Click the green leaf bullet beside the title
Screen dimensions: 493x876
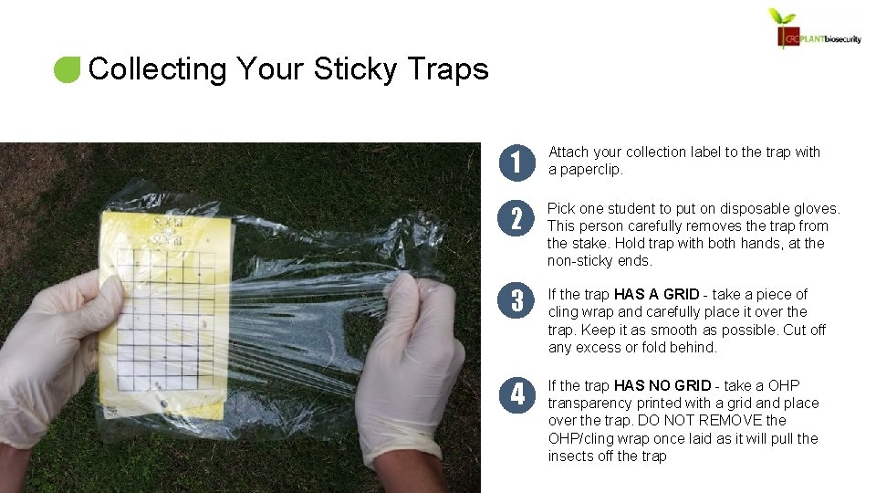tap(68, 69)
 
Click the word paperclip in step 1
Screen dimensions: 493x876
tap(593, 170)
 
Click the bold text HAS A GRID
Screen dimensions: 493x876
tap(657, 294)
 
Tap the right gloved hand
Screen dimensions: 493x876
tap(411, 365)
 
